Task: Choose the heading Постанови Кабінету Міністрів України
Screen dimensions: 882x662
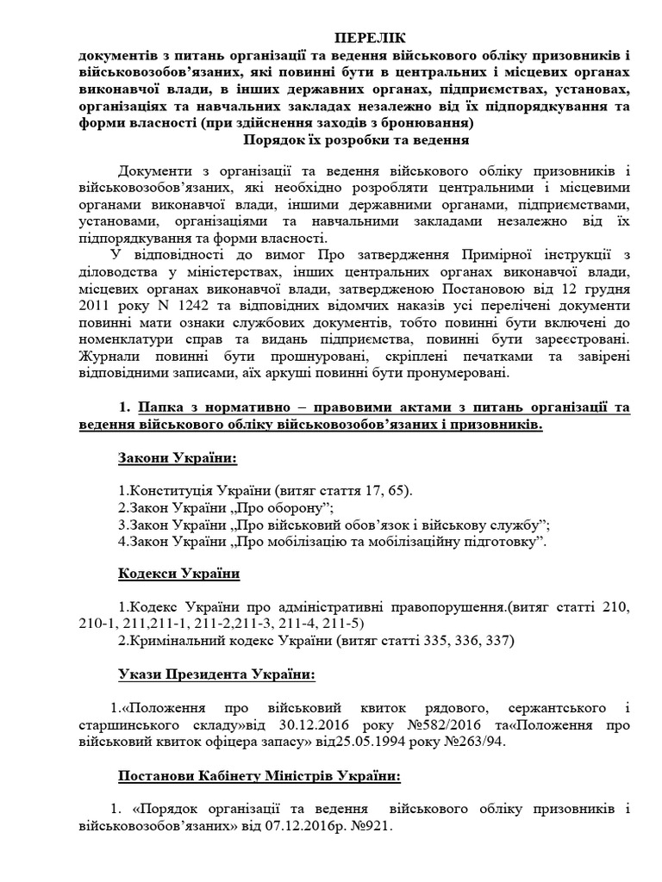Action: [259, 775]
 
